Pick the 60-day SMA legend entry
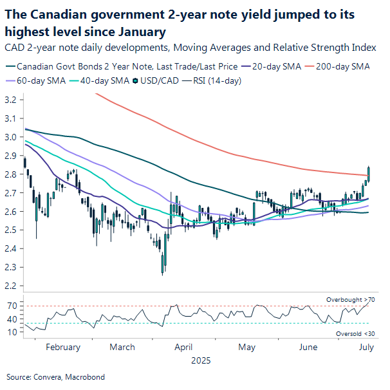point(37,80)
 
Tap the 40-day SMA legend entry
point(100,80)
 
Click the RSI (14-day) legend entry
point(216,80)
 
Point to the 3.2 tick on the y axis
point(12,100)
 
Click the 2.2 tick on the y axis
point(12,286)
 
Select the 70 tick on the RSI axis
point(12,306)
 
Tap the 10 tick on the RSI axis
point(12,332)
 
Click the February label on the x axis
point(63,348)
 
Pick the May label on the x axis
point(247,348)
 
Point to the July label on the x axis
point(366,348)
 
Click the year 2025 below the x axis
point(201,361)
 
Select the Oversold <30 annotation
point(355,333)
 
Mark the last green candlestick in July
point(369,172)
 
